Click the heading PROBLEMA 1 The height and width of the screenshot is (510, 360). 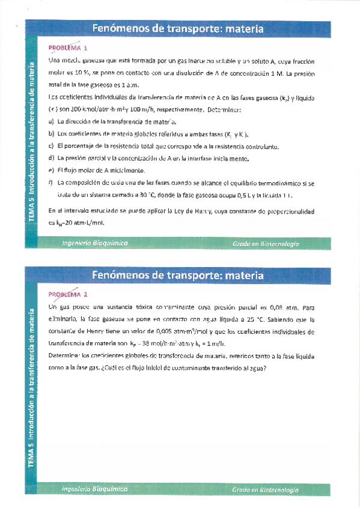69,48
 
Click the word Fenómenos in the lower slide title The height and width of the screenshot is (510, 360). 120,275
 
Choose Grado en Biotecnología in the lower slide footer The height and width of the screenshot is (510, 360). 266,491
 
